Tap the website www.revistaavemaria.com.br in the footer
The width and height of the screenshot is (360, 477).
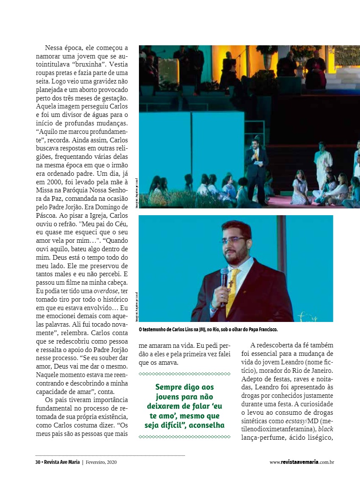(302, 462)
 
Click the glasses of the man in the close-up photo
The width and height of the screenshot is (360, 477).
(234, 240)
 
